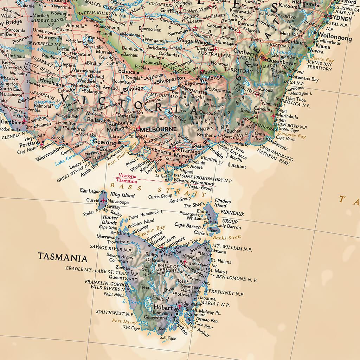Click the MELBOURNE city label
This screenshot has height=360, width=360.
(158, 129)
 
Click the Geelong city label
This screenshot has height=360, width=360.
(105, 143)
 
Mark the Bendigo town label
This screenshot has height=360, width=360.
(133, 88)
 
